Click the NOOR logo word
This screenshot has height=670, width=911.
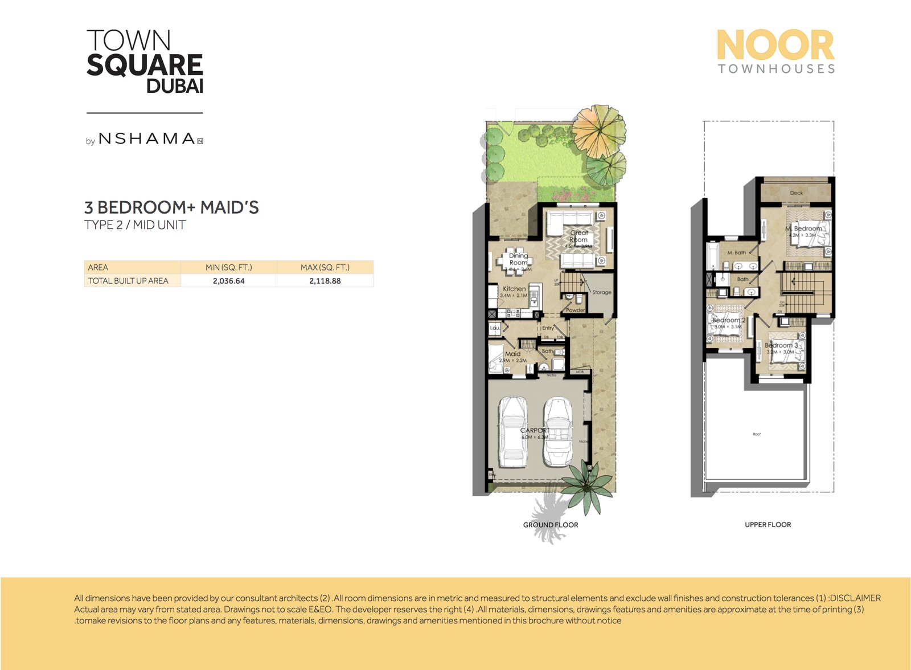click(x=775, y=46)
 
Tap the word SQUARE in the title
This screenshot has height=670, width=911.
click(x=145, y=66)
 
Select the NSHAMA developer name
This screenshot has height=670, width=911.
click(x=147, y=139)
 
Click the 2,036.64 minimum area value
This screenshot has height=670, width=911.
click(x=228, y=281)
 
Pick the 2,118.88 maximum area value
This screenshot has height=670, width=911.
click(x=325, y=281)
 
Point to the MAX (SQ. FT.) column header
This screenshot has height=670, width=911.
click(x=325, y=267)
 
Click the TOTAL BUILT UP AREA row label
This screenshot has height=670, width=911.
click(x=128, y=281)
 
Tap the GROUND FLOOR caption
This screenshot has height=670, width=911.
click(x=551, y=525)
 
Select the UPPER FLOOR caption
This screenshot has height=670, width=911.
click(x=768, y=525)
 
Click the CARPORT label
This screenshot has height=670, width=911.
click(x=535, y=431)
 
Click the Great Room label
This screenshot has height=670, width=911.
click(x=579, y=236)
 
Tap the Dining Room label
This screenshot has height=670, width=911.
click(x=518, y=259)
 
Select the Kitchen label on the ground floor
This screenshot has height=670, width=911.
click(x=514, y=289)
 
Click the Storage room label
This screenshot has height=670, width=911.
click(x=601, y=292)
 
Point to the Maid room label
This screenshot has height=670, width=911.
click(x=512, y=354)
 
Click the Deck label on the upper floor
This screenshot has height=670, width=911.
click(x=796, y=193)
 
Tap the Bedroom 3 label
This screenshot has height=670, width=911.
click(x=782, y=345)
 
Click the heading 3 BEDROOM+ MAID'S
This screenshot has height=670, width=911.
click(x=171, y=207)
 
